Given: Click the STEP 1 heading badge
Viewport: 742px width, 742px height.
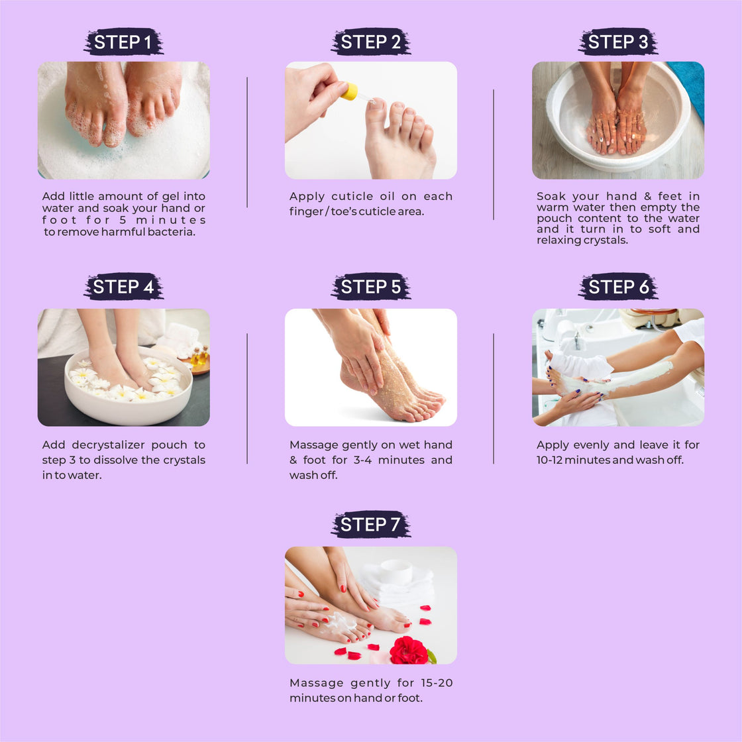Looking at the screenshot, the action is coord(123,42).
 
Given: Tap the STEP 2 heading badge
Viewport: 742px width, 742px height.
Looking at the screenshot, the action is coord(370,42).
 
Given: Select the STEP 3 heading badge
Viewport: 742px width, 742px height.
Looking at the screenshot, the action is coord(617,42).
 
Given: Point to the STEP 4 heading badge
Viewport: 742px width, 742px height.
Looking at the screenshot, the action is coord(123,286).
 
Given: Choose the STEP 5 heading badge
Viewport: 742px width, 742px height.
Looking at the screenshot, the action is coord(370,286).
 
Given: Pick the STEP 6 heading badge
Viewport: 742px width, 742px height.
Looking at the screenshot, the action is coord(617,286).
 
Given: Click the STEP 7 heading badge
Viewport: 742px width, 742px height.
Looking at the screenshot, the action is coord(370,524).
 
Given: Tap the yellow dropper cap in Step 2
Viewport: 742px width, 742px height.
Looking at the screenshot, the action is coord(349,92).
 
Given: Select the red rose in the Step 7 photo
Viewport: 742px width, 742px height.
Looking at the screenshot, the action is coord(409,650).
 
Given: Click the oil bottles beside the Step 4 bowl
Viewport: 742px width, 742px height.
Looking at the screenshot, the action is coord(199,355).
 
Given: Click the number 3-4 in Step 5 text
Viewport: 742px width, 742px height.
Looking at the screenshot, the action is coord(362,460).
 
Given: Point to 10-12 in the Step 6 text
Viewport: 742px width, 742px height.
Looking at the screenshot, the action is coord(549,460).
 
